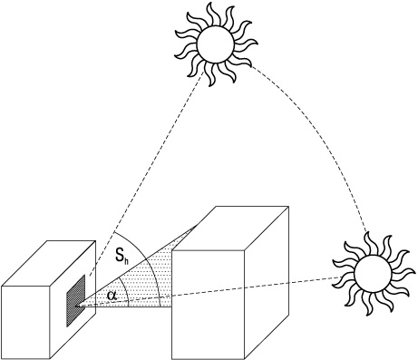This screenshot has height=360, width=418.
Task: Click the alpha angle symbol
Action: (x=112, y=295)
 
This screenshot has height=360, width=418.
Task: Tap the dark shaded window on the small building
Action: (x=75, y=301)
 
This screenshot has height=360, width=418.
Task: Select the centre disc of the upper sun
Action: (x=215, y=44)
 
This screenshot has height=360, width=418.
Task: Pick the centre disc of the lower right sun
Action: (x=373, y=274)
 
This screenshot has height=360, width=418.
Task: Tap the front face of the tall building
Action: (x=208, y=305)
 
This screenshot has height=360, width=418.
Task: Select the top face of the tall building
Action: (x=230, y=229)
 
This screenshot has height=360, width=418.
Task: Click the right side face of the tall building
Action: (x=267, y=283)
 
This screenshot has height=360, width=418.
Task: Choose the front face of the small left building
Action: (x=25, y=321)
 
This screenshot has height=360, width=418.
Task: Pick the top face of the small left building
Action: (x=48, y=263)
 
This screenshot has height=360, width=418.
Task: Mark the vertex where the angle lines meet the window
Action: (x=78, y=306)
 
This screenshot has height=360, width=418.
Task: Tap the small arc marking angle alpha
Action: (x=126, y=291)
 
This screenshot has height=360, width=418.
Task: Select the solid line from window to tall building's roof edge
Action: (x=138, y=265)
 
